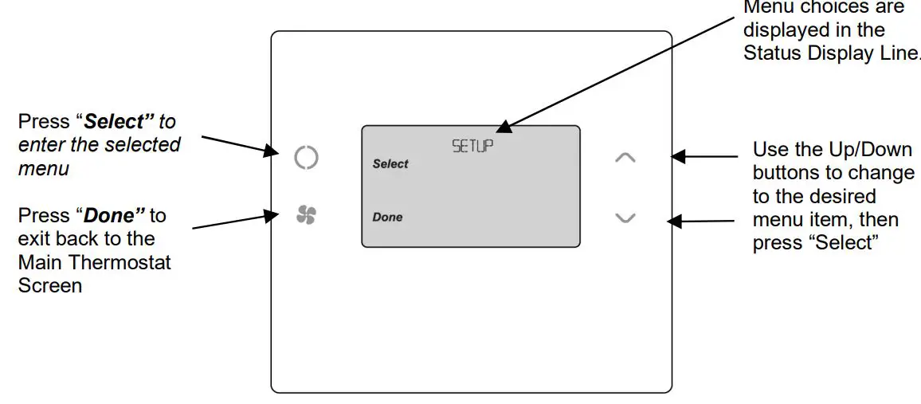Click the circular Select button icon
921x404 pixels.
306,158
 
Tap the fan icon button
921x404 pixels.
306,215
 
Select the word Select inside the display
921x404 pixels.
390,164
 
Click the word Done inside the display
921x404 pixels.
388,217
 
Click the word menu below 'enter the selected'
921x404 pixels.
44,168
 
